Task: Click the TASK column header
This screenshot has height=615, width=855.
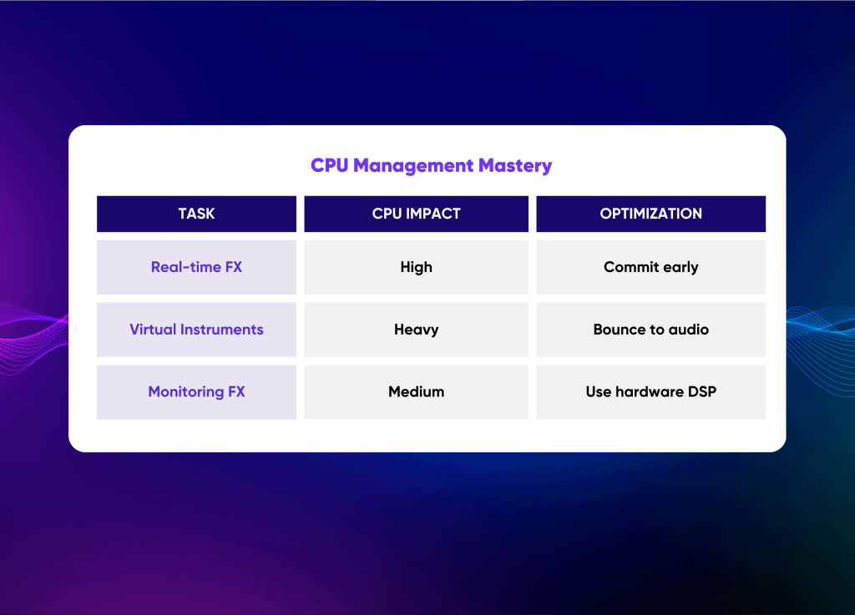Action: coord(196,214)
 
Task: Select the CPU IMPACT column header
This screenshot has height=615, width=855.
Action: coord(416,214)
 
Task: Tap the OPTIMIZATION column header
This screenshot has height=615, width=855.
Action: coord(650,214)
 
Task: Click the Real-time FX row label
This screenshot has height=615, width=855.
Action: coord(196,267)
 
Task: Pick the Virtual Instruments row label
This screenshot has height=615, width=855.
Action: coord(196,330)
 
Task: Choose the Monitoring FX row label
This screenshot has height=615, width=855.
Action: coord(196,391)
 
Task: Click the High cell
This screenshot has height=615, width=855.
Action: coord(416,267)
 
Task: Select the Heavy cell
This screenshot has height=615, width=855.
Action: coord(416,330)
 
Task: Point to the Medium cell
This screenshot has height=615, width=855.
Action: coord(416,391)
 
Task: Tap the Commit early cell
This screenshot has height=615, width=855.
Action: coord(650,267)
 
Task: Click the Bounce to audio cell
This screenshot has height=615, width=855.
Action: coord(650,330)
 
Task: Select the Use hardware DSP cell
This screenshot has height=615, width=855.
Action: coord(650,391)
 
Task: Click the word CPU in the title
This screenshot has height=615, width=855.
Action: coord(329,165)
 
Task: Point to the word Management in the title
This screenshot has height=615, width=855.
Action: coord(413,166)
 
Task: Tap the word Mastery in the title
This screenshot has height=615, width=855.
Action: coord(515,166)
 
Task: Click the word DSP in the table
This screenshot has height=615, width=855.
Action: coord(701,391)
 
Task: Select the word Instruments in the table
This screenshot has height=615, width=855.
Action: coord(222,330)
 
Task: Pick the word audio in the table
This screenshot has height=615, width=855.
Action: coord(689,330)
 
